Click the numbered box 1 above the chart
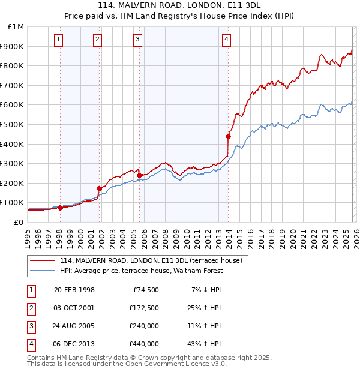[x=59, y=40]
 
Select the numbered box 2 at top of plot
[x=97, y=40]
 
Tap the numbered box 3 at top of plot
[x=137, y=40]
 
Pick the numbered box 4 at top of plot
[x=226, y=40]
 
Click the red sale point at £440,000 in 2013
[x=228, y=136]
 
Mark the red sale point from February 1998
[x=60, y=208]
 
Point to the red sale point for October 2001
[x=98, y=188]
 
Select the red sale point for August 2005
[x=139, y=175]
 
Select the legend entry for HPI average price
[x=141, y=271]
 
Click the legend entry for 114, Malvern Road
[x=151, y=260]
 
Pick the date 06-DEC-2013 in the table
[x=74, y=344]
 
